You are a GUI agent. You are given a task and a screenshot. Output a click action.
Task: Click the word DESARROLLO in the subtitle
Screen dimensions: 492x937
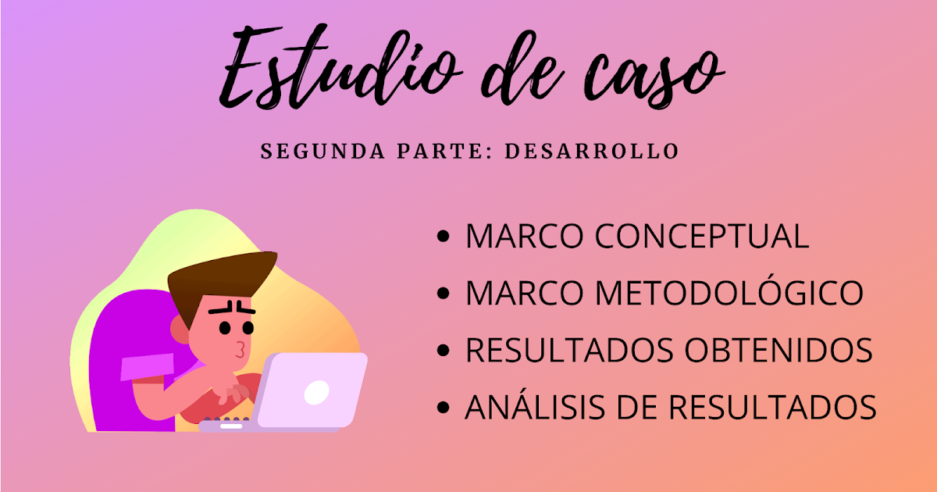coord(592,151)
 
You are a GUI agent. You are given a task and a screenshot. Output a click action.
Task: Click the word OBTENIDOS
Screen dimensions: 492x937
coord(778,351)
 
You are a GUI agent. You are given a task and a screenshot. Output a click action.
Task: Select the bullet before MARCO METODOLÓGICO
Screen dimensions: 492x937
coord(444,294)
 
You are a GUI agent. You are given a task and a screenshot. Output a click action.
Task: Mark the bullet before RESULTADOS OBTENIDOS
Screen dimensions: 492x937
coord(444,351)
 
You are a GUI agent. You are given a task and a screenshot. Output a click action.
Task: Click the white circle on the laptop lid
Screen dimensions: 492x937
coord(315,392)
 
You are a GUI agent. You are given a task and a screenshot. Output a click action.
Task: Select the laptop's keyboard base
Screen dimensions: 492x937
coord(230,425)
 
